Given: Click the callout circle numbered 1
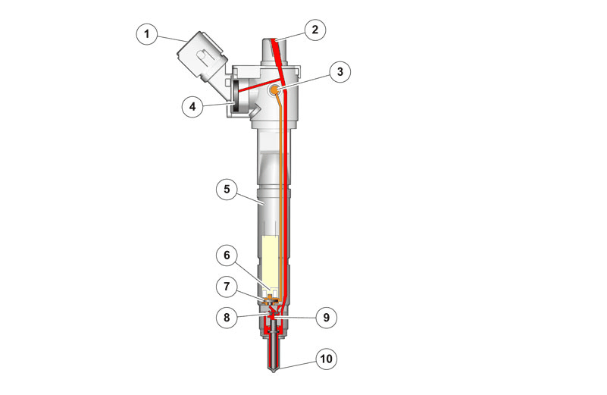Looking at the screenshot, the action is pos(147,34).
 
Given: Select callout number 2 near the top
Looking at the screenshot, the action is pos(314,30).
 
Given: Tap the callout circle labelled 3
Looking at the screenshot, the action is pos(340,71).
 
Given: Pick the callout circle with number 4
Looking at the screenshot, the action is pos(192,106).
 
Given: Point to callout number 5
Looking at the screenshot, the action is pos(227,190).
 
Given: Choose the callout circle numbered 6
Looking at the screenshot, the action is pos(227,255).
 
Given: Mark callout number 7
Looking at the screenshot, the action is pos(227,287).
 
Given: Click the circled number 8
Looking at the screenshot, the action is pos(227,318).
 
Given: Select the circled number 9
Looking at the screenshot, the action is pos(326,318).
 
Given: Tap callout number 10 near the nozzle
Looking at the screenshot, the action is pos(326,359).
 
